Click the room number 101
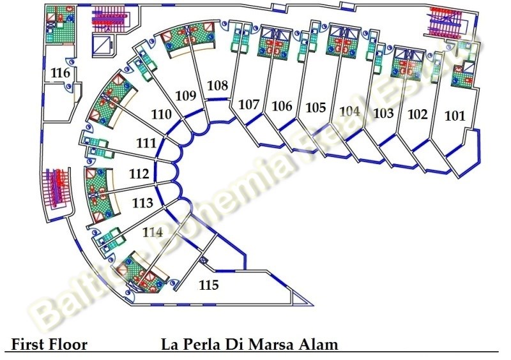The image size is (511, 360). coord(455,116)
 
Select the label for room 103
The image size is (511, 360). coord(383,114)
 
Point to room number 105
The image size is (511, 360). coord(316,107)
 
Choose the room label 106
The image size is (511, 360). coord(282,106)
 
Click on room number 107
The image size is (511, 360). coord(248,104)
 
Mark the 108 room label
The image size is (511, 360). coord(217,85)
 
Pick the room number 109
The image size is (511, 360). coord(185,96)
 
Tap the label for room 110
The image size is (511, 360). coord(161,115)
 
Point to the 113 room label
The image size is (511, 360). coord(142,203)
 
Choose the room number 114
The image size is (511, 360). coord(153,232)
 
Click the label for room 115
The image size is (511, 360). coord(208,285)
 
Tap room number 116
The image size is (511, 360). coord(60,73)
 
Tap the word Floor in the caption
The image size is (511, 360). coord(69,345)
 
